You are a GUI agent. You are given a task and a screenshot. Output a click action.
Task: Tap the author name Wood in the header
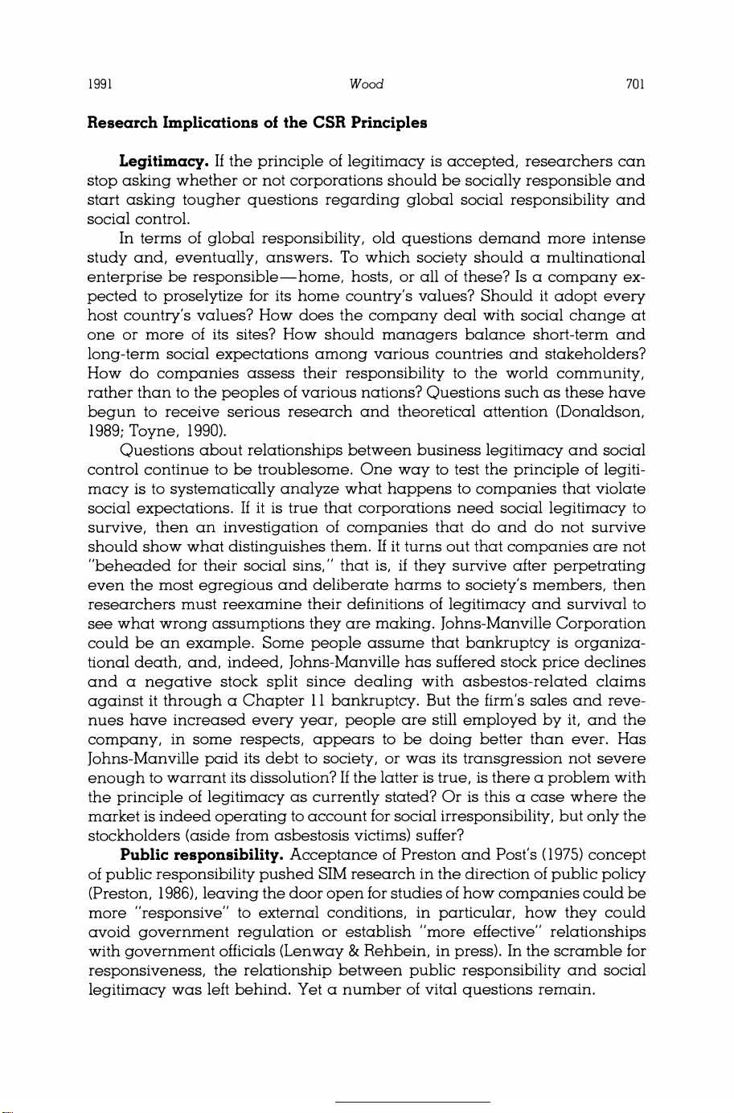(367, 84)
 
